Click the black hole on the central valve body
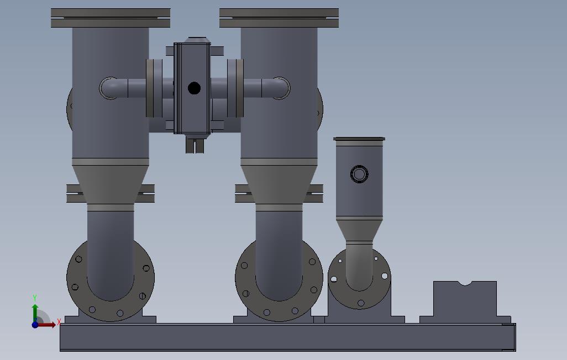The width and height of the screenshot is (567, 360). pyautogui.click(x=194, y=88)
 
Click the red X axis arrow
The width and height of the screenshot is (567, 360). pyautogui.click(x=46, y=325)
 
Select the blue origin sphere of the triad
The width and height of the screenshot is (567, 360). pyautogui.click(x=35, y=325)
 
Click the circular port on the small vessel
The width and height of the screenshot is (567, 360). pyautogui.click(x=359, y=174)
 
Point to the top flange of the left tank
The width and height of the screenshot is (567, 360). pyautogui.click(x=111, y=18)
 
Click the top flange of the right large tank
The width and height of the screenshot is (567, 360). pyautogui.click(x=279, y=18)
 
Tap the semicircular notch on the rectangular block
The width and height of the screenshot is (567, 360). pyautogui.click(x=465, y=283)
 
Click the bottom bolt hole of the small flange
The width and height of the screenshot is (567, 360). pyautogui.click(x=360, y=303)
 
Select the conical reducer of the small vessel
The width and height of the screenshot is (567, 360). pyautogui.click(x=359, y=230)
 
